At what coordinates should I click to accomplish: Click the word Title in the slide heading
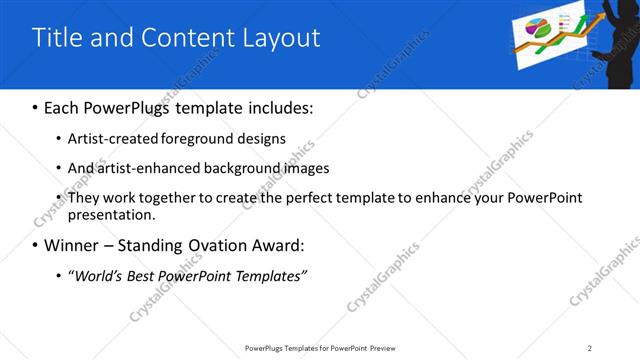click(56, 38)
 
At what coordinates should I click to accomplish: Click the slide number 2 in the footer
click(590, 348)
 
